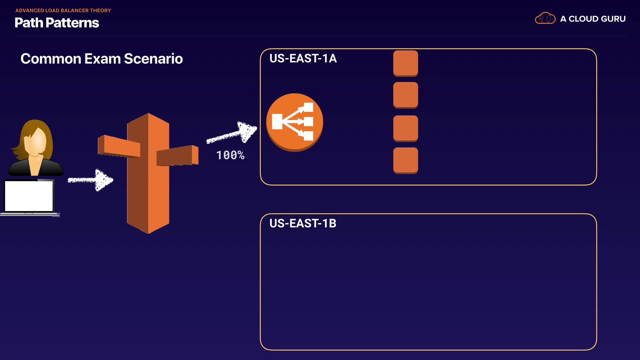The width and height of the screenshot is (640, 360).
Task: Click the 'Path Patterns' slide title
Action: point(57,23)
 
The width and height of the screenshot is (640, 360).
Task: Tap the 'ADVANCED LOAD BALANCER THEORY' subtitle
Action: point(63,10)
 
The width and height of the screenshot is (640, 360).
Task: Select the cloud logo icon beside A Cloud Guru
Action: point(545,18)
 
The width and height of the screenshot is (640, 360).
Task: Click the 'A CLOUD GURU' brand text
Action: point(593,19)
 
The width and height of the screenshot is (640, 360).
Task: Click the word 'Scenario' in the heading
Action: point(153,59)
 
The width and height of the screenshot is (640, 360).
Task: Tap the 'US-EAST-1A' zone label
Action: point(303,58)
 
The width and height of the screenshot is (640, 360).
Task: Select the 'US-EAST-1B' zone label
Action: point(303,223)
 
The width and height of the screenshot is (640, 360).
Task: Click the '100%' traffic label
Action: point(230,155)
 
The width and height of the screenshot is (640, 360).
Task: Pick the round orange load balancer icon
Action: point(294,122)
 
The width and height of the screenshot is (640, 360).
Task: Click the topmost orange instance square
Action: point(405,63)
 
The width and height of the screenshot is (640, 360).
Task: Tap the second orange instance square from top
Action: point(405,95)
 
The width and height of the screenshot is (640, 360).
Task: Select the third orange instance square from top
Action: point(405,128)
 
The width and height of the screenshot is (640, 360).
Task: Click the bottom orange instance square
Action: point(405,160)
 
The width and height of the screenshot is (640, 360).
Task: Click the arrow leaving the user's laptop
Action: point(91,180)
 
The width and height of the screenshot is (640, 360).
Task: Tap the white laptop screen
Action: point(29,196)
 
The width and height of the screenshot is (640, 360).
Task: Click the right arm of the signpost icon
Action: point(178,156)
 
